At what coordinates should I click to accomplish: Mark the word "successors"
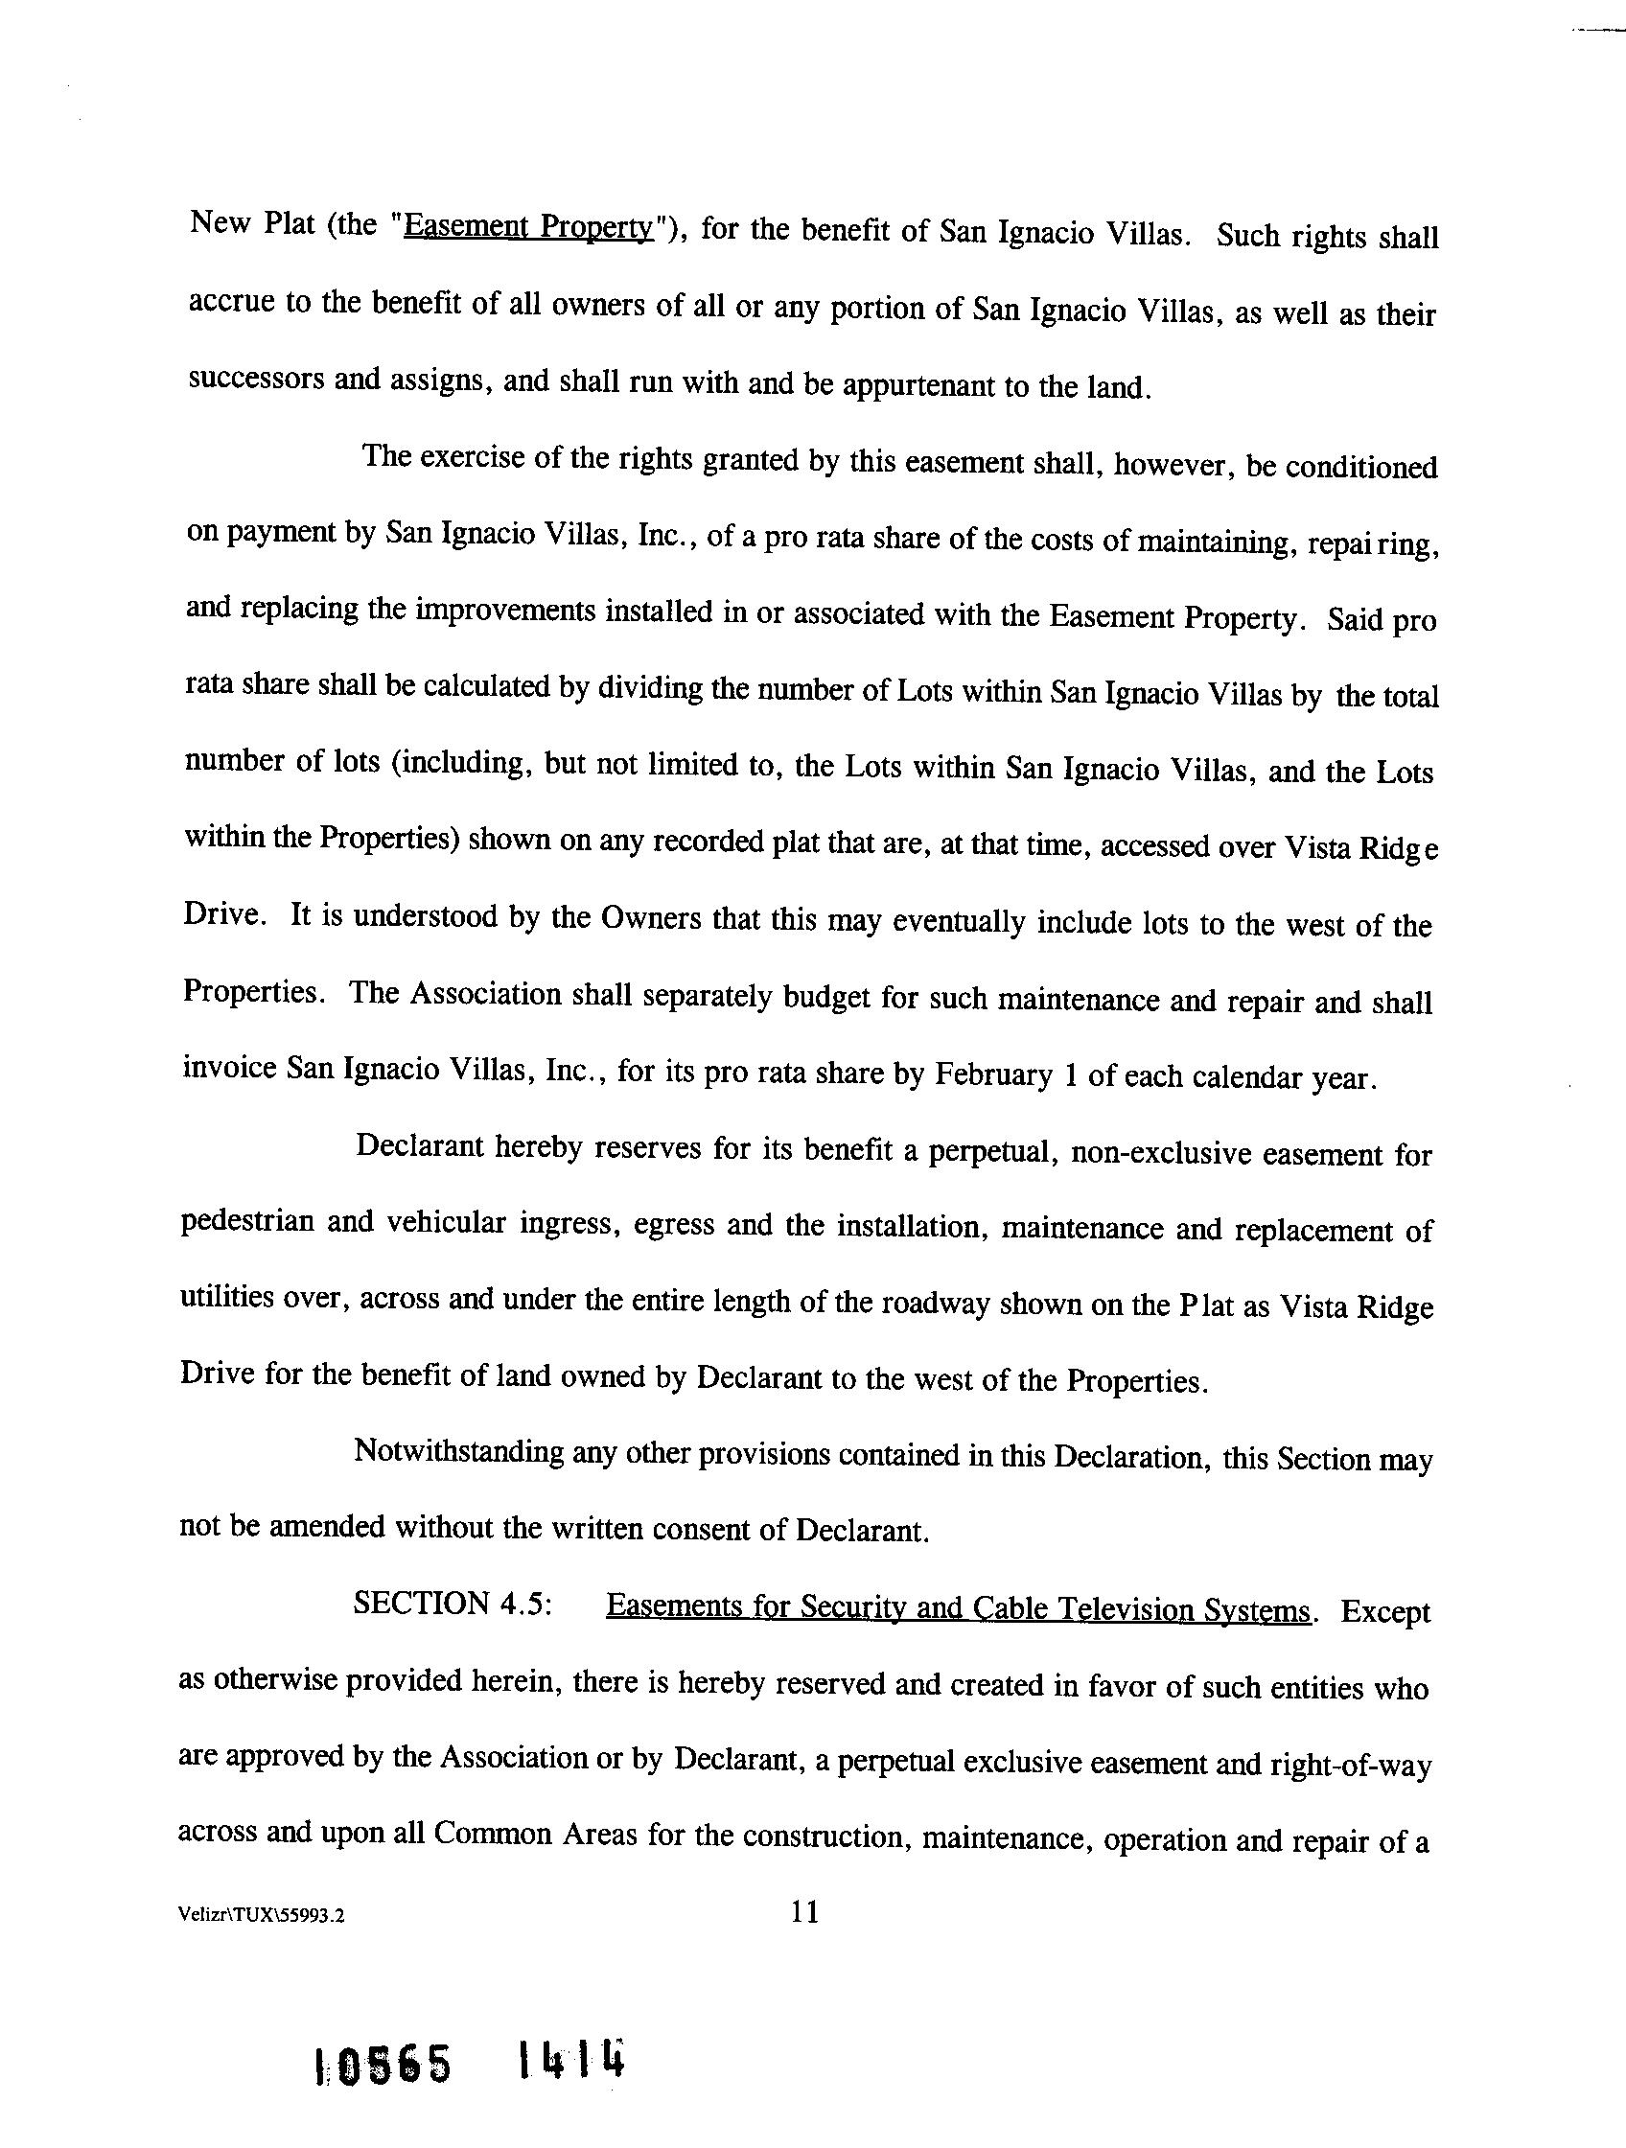[253, 378]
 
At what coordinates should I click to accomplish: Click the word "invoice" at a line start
[229, 1068]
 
